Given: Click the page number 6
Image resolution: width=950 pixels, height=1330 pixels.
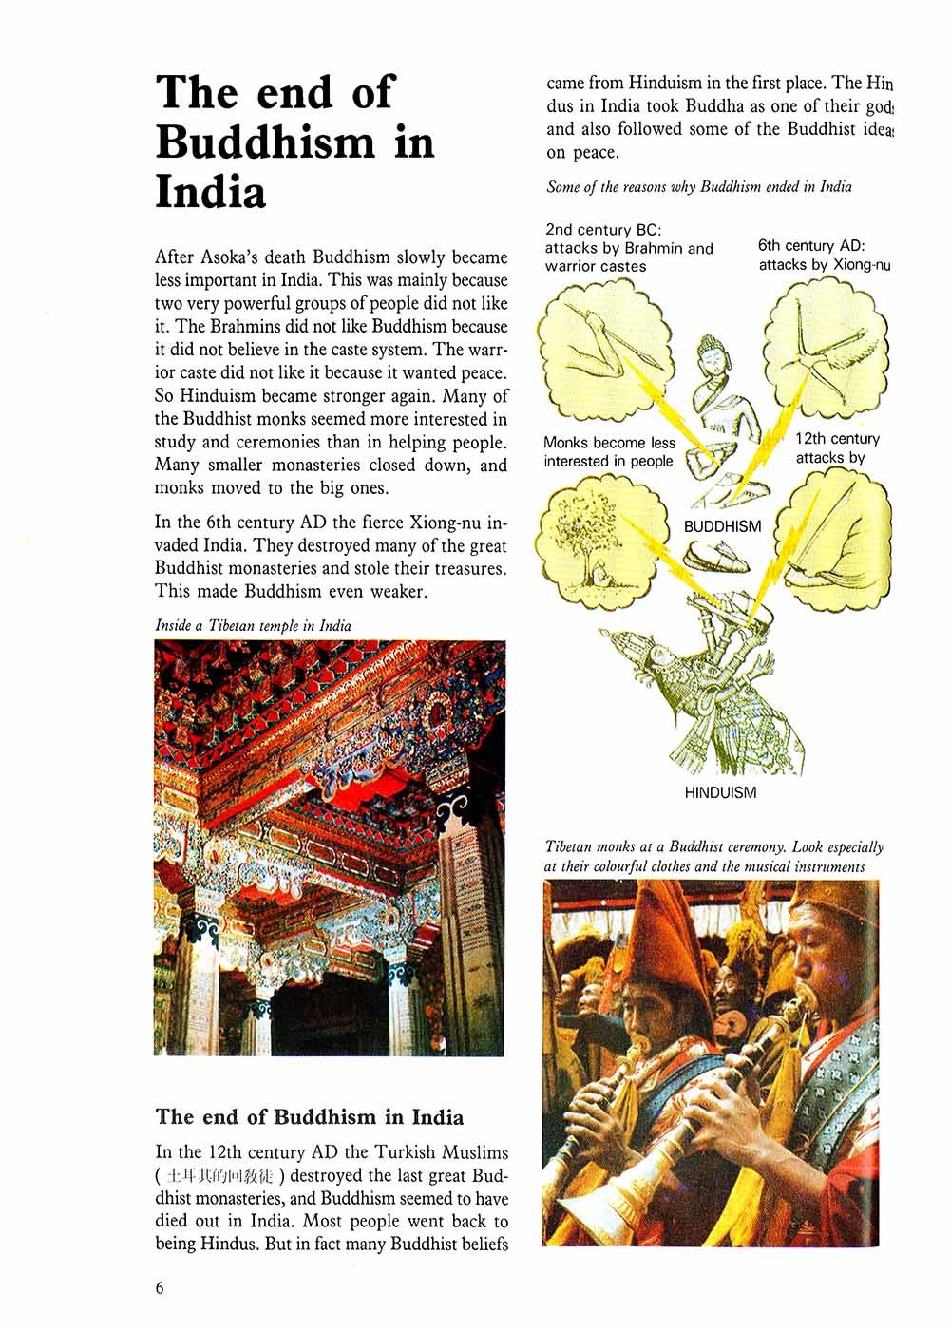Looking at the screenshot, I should pyautogui.click(x=160, y=1288).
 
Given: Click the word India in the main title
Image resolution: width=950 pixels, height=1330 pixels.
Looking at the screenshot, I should pyautogui.click(x=210, y=192).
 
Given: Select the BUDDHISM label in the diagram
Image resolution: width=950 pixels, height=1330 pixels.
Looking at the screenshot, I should pyautogui.click(x=722, y=525).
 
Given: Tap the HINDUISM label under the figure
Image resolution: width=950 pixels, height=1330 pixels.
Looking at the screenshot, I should pyautogui.click(x=720, y=792).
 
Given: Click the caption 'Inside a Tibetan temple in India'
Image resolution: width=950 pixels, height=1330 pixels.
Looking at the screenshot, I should pyautogui.click(x=253, y=625).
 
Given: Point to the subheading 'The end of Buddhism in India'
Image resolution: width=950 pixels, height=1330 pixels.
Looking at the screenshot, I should pyautogui.click(x=310, y=1116).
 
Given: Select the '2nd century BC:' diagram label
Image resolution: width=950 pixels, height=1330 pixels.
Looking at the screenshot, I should pyautogui.click(x=588, y=230).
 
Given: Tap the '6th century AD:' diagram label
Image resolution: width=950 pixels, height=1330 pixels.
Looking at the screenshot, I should pyautogui.click(x=810, y=245).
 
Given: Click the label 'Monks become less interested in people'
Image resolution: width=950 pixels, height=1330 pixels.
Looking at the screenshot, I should pyautogui.click(x=609, y=452).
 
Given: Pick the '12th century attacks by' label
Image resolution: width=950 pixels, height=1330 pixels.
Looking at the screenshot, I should pyautogui.click(x=836, y=448).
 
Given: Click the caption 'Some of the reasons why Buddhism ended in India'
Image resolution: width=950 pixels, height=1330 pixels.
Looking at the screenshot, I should pyautogui.click(x=699, y=187).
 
